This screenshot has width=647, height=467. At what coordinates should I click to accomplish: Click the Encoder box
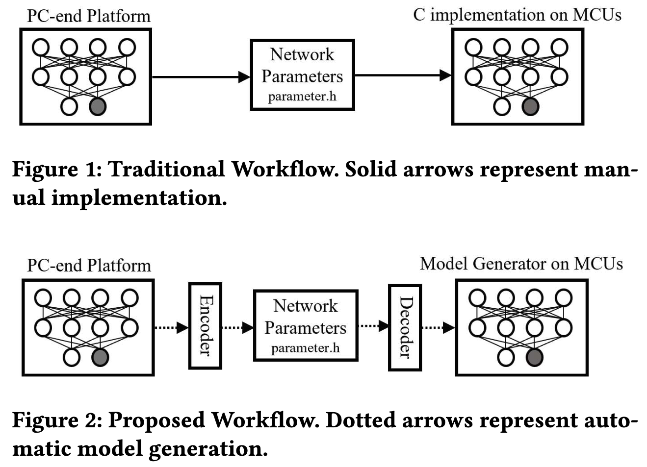coord(205,326)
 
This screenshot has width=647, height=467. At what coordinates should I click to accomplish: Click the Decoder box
coord(405,327)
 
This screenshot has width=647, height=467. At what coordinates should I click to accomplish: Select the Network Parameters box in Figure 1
coord(302,74)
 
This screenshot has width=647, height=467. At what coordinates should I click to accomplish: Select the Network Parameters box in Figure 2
coord(305,325)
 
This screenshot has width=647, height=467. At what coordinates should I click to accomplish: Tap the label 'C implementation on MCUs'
coord(517,15)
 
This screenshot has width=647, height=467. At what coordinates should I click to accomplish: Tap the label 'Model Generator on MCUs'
coord(521,264)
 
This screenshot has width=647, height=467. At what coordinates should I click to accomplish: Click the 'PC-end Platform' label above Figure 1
coord(89,16)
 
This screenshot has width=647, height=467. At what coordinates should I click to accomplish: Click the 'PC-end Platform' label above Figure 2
coord(89,266)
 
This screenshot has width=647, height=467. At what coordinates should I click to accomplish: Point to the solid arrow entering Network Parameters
coord(201,77)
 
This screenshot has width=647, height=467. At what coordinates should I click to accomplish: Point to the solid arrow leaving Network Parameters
coord(402,75)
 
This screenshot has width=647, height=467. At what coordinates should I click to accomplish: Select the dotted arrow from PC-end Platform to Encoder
coord(172,327)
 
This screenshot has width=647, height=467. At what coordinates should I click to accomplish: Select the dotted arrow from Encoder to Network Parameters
coord(237,327)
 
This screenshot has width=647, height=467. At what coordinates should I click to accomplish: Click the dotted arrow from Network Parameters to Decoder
coord(373,325)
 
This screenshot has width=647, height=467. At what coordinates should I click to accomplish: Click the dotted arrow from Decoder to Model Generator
coord(438,327)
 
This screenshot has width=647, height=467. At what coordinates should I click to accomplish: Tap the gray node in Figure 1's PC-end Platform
coord(98,106)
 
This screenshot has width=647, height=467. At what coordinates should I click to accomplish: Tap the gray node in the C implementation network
coord(530,106)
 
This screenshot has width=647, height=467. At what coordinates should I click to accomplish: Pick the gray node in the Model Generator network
coord(534,357)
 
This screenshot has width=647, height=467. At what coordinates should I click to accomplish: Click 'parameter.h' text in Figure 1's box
coord(302,97)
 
